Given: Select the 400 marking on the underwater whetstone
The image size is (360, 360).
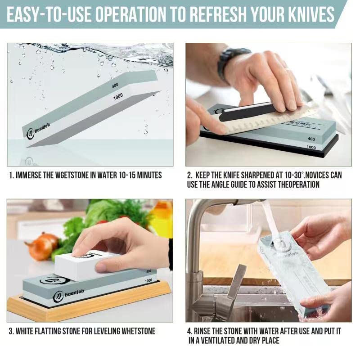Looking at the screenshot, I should (x=116, y=85).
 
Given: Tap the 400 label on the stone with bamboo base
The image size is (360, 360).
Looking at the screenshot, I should (x=148, y=271).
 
